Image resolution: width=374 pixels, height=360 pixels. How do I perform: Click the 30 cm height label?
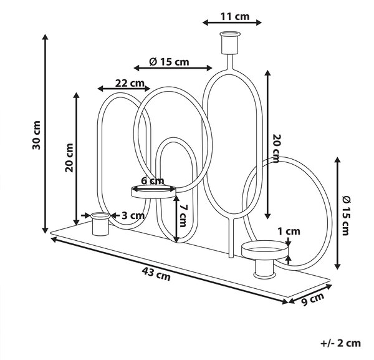(x=36, y=135)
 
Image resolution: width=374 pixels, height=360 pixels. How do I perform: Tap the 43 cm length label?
(x=156, y=274)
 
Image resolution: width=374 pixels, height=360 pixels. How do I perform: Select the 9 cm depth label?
(x=313, y=299)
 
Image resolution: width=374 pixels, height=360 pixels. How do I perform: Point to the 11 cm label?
(x=235, y=17)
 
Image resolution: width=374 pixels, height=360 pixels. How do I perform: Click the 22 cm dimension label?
(x=130, y=84)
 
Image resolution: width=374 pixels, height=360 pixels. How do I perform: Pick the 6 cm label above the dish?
(x=153, y=181)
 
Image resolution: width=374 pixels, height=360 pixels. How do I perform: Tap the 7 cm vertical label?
(x=183, y=216)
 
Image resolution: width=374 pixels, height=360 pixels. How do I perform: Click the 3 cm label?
(x=133, y=216)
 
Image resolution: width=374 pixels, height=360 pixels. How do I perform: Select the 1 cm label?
(x=289, y=231)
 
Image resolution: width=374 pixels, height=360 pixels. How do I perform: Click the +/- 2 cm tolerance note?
(x=340, y=343)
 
